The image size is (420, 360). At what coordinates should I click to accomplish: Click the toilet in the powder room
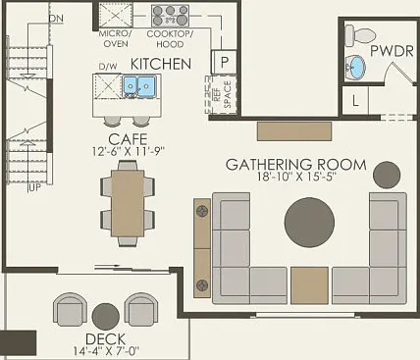360,35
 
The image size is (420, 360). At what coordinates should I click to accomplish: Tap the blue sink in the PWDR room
355,68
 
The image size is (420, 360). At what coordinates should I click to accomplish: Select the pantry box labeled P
224,62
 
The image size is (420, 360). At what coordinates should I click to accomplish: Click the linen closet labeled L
355,100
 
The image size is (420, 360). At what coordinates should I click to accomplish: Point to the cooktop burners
170,16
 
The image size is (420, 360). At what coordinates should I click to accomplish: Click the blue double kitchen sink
138,86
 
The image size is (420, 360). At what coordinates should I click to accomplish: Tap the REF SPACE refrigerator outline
221,95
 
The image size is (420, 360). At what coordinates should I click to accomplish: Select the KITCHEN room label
161,64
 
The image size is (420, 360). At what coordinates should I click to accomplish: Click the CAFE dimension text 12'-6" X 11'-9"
128,151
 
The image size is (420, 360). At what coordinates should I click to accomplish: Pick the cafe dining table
128,203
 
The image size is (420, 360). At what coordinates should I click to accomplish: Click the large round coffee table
309,223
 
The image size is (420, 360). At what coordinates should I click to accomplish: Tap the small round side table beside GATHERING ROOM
387,176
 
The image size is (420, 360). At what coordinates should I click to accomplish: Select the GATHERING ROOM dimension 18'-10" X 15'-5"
296,177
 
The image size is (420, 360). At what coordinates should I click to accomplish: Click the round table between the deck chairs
106,317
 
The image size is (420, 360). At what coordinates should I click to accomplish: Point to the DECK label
105,339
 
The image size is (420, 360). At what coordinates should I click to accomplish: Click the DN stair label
56,19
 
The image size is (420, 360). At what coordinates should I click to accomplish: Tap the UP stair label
35,189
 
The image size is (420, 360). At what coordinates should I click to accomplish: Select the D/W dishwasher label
108,67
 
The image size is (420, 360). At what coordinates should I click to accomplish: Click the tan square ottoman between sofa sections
309,285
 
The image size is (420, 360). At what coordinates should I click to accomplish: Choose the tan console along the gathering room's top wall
294,131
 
